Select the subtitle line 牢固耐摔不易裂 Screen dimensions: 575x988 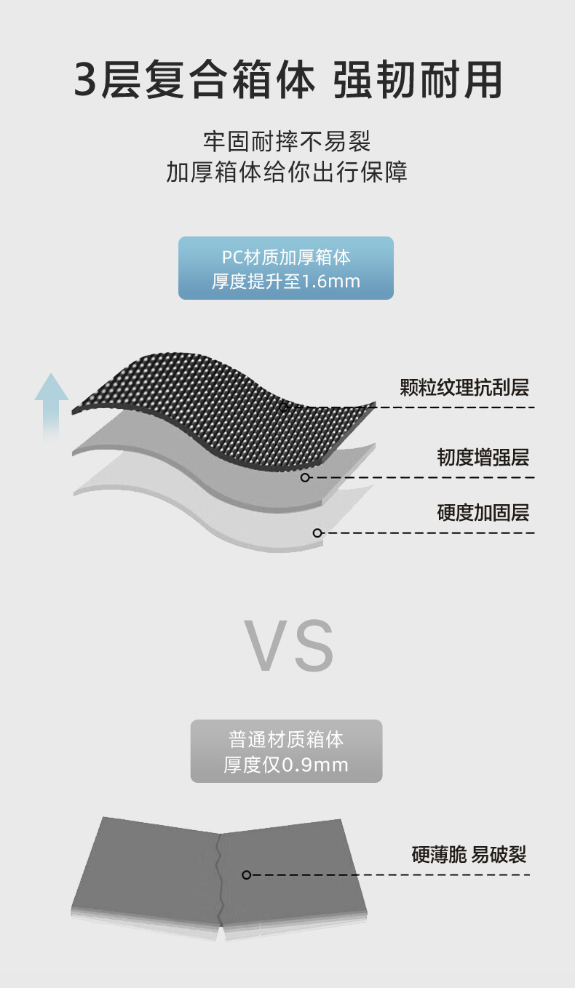click(x=287, y=140)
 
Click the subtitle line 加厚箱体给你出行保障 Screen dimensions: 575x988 click(x=287, y=172)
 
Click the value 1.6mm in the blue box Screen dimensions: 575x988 click(x=330, y=282)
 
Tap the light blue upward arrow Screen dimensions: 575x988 click(x=51, y=404)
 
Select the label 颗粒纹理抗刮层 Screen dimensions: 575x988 click(x=464, y=387)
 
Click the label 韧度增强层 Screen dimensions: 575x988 click(x=483, y=458)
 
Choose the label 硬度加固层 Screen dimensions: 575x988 click(x=483, y=513)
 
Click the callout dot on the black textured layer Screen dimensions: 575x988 click(x=284, y=407)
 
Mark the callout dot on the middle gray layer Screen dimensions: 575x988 click(x=305, y=477)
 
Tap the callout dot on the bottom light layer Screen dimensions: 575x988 click(x=317, y=533)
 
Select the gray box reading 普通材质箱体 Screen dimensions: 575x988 click(x=286, y=741)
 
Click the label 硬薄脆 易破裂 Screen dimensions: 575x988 click(x=469, y=854)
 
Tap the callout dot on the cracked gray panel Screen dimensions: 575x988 click(x=246, y=875)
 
